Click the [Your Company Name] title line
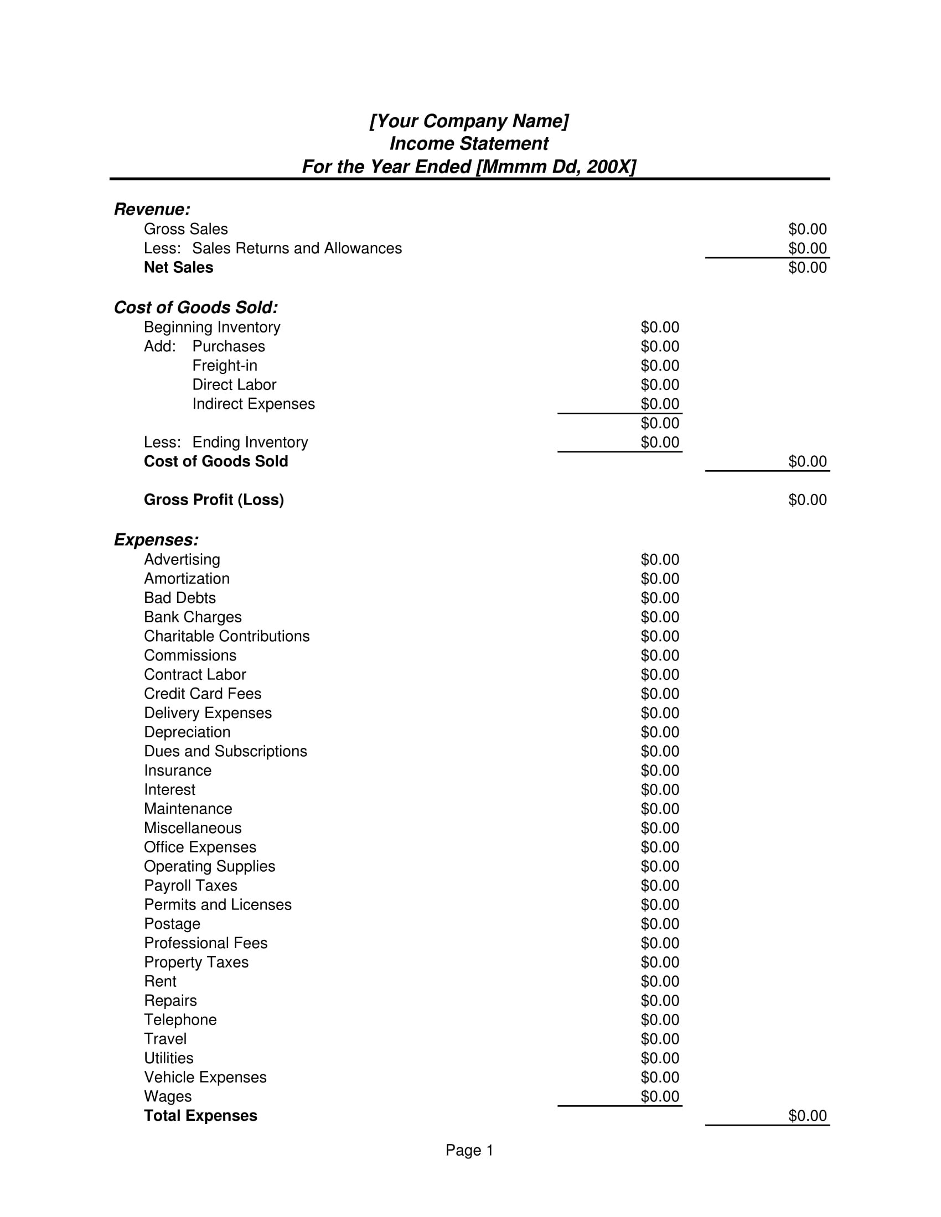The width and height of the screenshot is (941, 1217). point(469,121)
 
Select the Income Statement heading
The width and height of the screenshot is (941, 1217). point(469,144)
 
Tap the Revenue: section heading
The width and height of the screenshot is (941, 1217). point(152,210)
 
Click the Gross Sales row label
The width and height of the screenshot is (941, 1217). point(185,229)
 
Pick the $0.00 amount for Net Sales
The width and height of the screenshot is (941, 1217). point(806,268)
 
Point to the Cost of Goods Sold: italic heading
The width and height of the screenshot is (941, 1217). point(195,308)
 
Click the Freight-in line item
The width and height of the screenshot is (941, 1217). point(225,366)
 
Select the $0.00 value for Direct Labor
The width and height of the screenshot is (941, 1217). point(659,384)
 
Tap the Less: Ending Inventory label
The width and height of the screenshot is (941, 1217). point(226,443)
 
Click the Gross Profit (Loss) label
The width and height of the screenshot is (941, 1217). point(214,500)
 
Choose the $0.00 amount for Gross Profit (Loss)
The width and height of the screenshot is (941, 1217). point(806,500)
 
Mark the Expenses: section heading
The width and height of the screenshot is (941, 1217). point(156,540)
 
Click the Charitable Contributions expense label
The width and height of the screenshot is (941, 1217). point(226,636)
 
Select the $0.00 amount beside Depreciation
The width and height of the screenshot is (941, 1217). point(659,732)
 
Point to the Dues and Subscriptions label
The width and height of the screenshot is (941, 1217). point(225,751)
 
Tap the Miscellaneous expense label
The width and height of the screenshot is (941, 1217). point(192,828)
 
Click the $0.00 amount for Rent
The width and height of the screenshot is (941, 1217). point(659,981)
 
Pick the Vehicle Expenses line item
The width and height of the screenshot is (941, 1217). point(205,1077)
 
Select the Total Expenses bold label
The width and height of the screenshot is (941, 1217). point(200,1116)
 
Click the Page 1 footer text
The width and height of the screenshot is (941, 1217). point(469,1151)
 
